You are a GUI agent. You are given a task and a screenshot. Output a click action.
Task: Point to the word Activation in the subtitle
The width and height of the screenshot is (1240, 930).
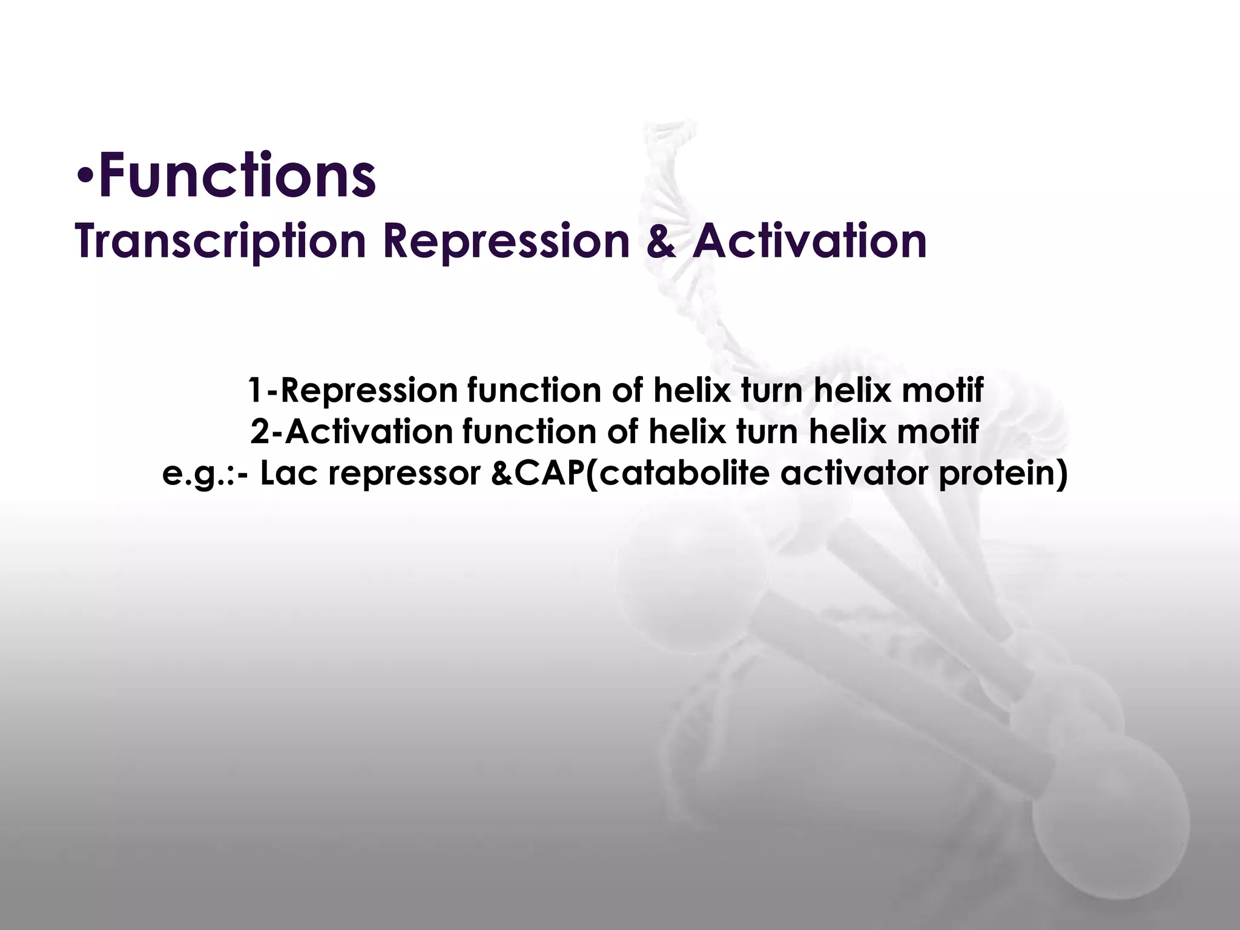pyautogui.click(x=810, y=241)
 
